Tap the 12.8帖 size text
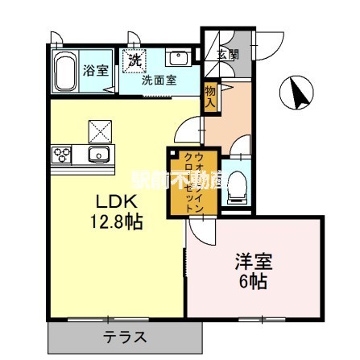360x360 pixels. [111, 221]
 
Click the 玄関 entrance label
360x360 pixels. [228, 55]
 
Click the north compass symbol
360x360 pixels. [297, 93]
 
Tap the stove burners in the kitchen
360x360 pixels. [61, 153]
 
